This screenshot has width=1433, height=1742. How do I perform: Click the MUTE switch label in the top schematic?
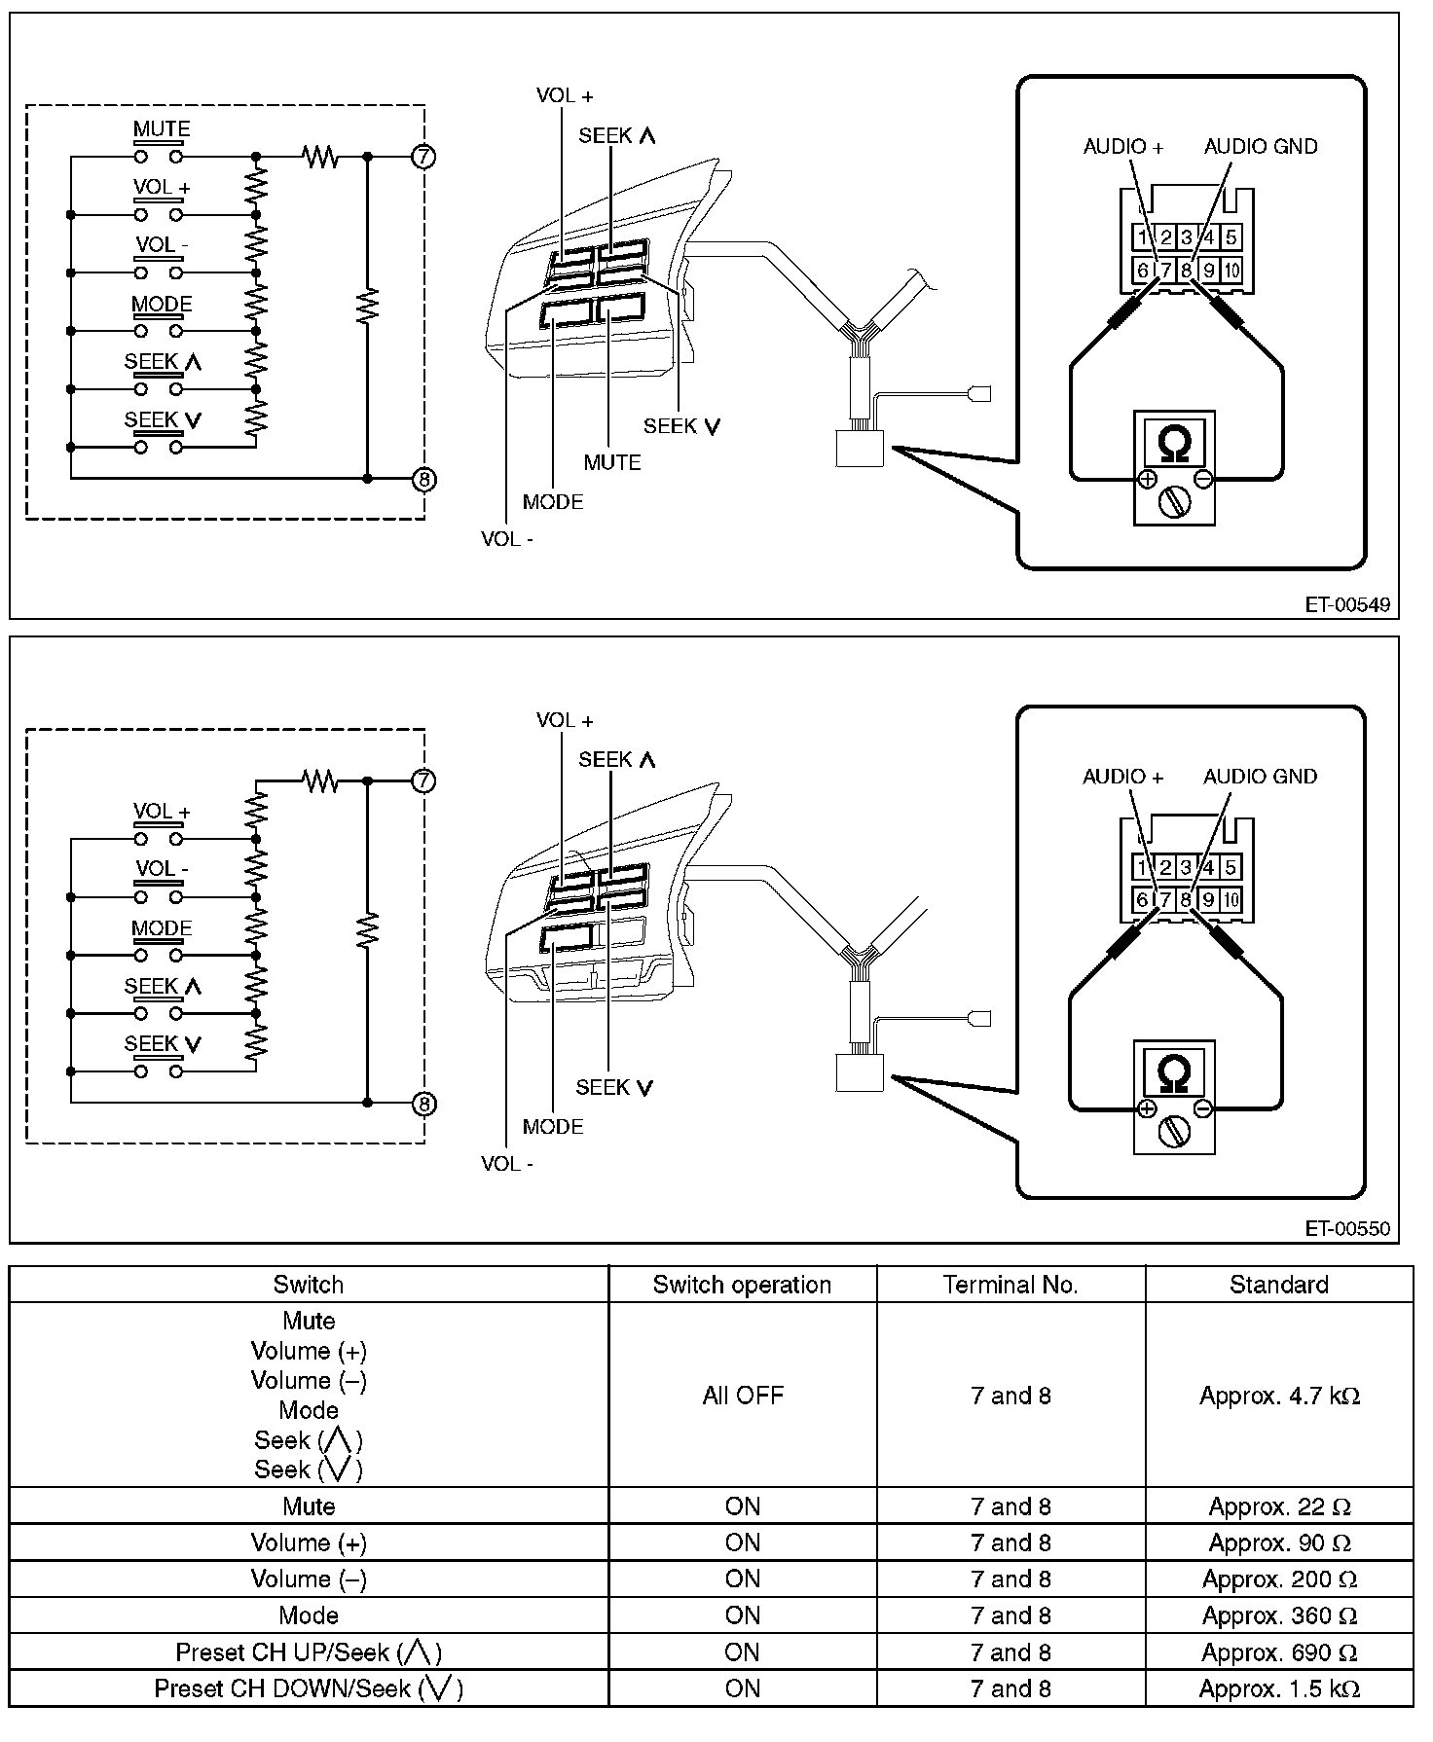(x=161, y=129)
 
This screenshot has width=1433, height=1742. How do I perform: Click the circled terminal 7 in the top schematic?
(x=423, y=156)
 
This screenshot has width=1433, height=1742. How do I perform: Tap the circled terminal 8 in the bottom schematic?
(x=423, y=1104)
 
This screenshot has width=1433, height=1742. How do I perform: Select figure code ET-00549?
(x=1347, y=604)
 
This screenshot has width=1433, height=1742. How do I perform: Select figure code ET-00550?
(x=1347, y=1229)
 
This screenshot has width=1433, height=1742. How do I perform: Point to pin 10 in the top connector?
(x=1231, y=271)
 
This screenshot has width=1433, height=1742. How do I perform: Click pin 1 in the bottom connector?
(x=1142, y=868)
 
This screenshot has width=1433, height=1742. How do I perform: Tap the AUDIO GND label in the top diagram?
(x=1260, y=147)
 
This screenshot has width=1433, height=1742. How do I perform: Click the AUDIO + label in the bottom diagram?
(x=1122, y=777)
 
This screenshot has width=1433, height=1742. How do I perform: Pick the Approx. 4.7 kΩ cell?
(x=1279, y=1396)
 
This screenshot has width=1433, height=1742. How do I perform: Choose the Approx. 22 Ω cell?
(x=1279, y=1506)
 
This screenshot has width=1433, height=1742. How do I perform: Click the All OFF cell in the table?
(x=742, y=1396)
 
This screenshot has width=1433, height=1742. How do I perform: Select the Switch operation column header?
(x=742, y=1285)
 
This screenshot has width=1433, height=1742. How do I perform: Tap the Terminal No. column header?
(x=1010, y=1285)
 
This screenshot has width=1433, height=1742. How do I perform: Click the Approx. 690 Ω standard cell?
(x=1279, y=1652)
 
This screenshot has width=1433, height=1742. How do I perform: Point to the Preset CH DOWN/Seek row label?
(x=309, y=1688)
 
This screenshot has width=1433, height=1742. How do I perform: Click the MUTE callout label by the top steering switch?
(x=612, y=463)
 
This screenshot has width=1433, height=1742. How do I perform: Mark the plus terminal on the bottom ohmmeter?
(x=1147, y=1108)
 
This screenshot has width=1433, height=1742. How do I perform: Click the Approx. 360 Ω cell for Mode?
(x=1279, y=1615)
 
